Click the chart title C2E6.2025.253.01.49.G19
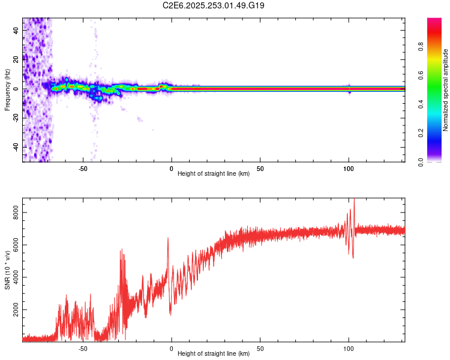point(213,5)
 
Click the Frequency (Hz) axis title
point(7,90)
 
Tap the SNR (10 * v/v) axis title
point(7,270)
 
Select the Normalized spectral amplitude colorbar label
point(445,90)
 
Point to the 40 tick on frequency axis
point(16,31)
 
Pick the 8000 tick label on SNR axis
point(16,212)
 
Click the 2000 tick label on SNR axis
point(16,310)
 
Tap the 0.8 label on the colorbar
point(421,47)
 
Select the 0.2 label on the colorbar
point(421,133)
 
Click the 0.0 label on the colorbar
point(421,162)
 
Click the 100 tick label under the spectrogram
point(349,169)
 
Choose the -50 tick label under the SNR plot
point(83,349)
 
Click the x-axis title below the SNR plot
point(214,353)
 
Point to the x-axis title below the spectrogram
point(214,173)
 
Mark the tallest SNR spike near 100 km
point(355,199)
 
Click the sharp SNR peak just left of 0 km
point(168,238)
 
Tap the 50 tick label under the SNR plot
point(260,349)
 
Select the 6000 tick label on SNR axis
point(16,245)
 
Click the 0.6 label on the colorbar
point(421,75)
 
